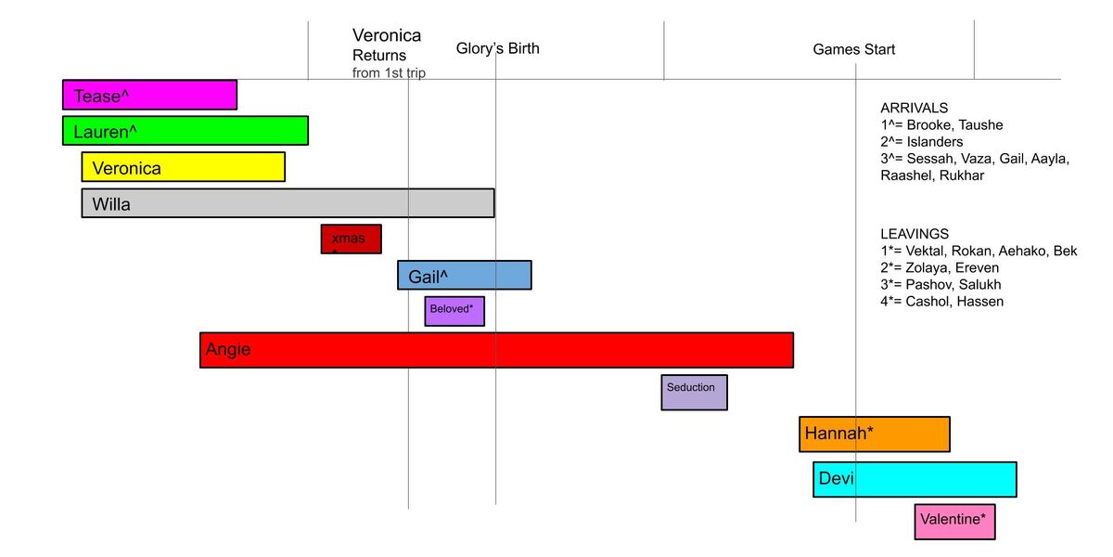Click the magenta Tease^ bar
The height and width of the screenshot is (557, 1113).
[149, 96]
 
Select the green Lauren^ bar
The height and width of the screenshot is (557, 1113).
[185, 131]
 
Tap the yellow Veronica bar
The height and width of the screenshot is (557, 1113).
[183, 167]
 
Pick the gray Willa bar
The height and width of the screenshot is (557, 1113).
[288, 203]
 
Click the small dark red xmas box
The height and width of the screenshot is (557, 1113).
[351, 240]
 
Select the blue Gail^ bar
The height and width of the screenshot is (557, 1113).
[464, 275]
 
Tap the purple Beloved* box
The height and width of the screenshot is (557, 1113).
[454, 311]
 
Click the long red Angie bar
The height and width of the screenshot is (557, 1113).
[496, 350]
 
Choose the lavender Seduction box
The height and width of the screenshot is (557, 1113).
[694, 392]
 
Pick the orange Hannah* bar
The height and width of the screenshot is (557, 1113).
[874, 434]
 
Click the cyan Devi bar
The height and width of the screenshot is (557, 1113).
[915, 479]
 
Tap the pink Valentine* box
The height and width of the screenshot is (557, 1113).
[954, 520]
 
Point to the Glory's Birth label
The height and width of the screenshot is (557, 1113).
[497, 48]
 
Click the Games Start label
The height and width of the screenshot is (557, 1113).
[853, 49]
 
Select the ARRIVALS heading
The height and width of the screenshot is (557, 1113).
[914, 108]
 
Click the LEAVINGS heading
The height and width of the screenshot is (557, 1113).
[915, 234]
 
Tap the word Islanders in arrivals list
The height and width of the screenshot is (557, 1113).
[934, 142]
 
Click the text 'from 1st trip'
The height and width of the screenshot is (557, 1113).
[389, 72]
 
